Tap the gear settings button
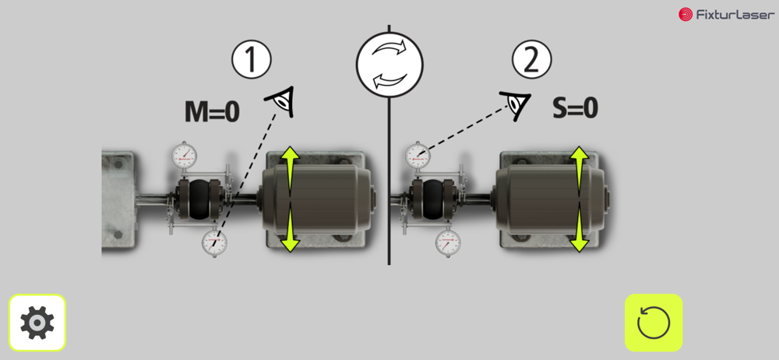37,323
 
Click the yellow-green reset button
654,323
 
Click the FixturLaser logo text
735,15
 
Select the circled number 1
252,60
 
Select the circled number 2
531,60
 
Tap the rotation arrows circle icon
389,64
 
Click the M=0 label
212,112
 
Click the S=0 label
575,108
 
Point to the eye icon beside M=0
281,102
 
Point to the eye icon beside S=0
516,105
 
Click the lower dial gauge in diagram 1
215,243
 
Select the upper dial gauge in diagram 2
418,155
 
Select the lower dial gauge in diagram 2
448,243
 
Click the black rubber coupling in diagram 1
200,199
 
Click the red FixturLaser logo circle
686,15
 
